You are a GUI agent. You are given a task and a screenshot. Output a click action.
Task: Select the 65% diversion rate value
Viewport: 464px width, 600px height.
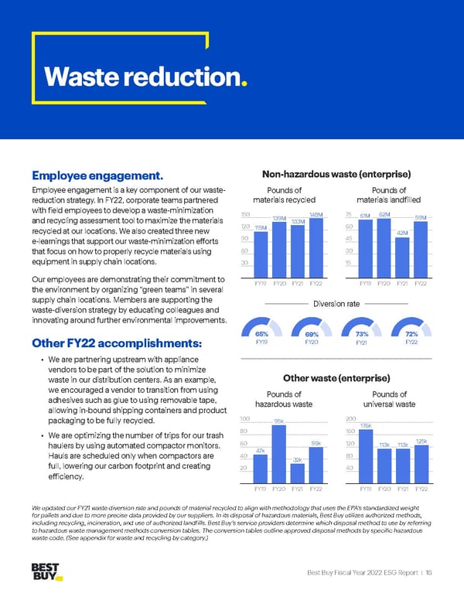click(x=261, y=334)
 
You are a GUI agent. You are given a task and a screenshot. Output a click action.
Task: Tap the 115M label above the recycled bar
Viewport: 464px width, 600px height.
click(x=261, y=227)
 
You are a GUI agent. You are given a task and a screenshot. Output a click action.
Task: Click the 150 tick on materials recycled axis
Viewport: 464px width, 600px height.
click(x=244, y=214)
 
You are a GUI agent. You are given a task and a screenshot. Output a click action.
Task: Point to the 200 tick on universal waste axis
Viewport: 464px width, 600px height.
click(x=350, y=418)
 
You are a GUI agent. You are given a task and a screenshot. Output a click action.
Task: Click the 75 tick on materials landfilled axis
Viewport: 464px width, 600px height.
click(x=350, y=214)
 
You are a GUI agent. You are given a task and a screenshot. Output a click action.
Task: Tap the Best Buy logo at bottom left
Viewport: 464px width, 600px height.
click(x=47, y=573)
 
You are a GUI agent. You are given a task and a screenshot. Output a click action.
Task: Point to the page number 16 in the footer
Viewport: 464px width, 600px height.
click(x=428, y=571)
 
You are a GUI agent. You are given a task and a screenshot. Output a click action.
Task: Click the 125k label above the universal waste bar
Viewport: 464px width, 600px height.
click(x=421, y=441)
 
